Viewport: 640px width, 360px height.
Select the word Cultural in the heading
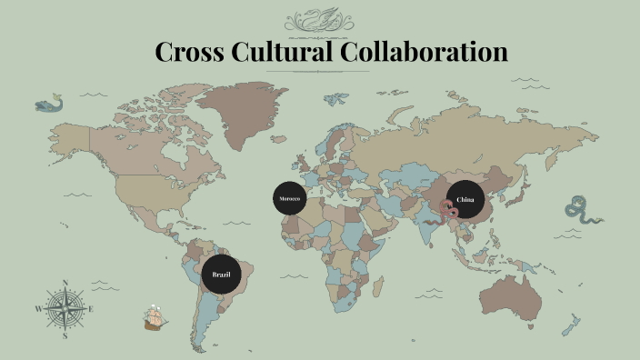click(x=282, y=52)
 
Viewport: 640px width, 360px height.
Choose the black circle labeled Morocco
click(x=289, y=198)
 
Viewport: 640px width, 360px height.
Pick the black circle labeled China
click(x=465, y=199)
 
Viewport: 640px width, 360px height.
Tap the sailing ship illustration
click(x=155, y=318)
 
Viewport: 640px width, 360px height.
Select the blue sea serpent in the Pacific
click(x=581, y=210)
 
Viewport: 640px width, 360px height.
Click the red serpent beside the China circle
click(x=447, y=211)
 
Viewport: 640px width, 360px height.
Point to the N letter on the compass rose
click(x=65, y=283)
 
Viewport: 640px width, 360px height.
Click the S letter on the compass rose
click(x=65, y=335)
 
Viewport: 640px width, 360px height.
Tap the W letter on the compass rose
click(x=39, y=309)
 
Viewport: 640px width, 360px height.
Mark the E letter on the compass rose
click(x=92, y=309)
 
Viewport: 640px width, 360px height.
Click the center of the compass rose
click(x=65, y=309)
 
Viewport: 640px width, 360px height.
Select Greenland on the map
click(x=241, y=114)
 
